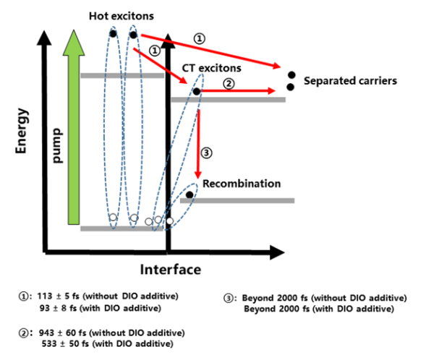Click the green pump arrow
72,130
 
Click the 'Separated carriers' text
351,81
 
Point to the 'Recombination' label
241,184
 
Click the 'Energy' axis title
23,130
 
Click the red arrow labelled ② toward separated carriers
239,92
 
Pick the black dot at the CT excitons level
196,91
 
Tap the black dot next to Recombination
190,194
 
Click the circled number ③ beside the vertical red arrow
207,153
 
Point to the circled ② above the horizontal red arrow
229,83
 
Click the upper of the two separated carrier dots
291,74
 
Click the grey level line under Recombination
231,200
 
